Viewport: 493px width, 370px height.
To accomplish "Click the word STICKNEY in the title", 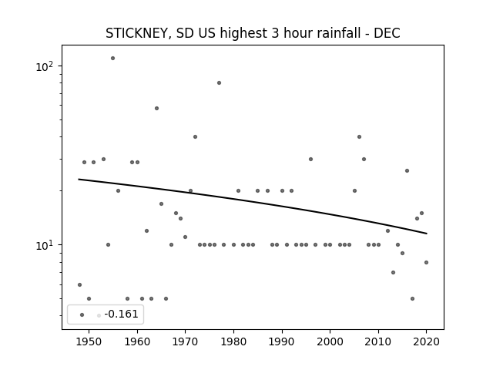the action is pos(138,33).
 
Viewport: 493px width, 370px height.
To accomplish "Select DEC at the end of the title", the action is pos(387,33).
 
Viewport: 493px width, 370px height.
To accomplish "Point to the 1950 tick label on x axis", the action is pos(89,341).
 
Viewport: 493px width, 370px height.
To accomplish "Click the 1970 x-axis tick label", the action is pos(185,341).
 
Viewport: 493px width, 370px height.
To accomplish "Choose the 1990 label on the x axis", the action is pos(282,341).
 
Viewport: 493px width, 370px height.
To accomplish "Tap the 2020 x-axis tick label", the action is pos(426,341).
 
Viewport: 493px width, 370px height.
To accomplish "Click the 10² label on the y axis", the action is pos(46,66).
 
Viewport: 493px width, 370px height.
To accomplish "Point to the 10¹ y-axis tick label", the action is pos(46,245).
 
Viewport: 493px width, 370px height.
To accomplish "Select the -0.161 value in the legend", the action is pos(122,314).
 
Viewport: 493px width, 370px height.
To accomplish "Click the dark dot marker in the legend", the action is pos(82,315).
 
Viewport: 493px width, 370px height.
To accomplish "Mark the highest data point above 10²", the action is pos(113,59).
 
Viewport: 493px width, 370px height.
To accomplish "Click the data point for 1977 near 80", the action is pos(219,83).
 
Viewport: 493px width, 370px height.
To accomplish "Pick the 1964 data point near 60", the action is pos(156,108).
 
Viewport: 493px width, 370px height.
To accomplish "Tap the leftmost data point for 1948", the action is pos(79,284).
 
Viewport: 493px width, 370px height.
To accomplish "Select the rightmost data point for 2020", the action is pos(426,262).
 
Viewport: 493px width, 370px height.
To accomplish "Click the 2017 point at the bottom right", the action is pos(412,298).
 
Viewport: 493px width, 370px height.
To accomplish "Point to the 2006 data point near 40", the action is pos(359,137).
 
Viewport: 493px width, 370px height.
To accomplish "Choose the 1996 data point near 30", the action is pos(310,160).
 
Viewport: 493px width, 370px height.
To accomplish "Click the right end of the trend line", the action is pos(427,234).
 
